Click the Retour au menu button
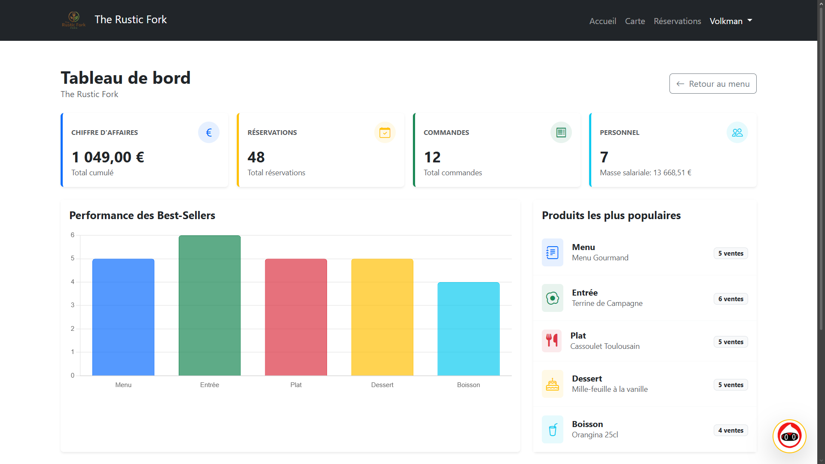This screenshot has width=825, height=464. [x=712, y=84]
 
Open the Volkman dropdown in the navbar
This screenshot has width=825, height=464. [x=730, y=21]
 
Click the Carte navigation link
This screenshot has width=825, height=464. [x=635, y=21]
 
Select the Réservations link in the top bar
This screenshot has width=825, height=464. [x=677, y=21]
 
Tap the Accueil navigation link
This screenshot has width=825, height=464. [x=602, y=21]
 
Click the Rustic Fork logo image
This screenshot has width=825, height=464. [x=73, y=20]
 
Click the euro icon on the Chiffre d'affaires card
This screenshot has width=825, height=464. [x=209, y=132]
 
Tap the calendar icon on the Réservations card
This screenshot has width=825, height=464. [x=385, y=132]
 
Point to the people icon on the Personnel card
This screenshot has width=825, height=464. [x=737, y=132]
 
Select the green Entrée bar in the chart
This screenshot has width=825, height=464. [x=210, y=305]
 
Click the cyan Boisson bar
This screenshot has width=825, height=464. [x=468, y=329]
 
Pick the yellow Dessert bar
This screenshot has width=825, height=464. [x=382, y=317]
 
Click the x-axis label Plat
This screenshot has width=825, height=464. [x=296, y=385]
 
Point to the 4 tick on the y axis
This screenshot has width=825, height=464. [x=73, y=282]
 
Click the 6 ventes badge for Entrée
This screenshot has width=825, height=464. [x=730, y=299]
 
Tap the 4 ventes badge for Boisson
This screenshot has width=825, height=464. [x=730, y=430]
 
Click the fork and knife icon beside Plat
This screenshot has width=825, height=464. [x=552, y=341]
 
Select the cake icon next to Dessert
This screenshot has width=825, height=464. [x=552, y=384]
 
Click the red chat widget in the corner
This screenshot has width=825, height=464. [x=789, y=436]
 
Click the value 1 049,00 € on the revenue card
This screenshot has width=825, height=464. [x=108, y=157]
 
